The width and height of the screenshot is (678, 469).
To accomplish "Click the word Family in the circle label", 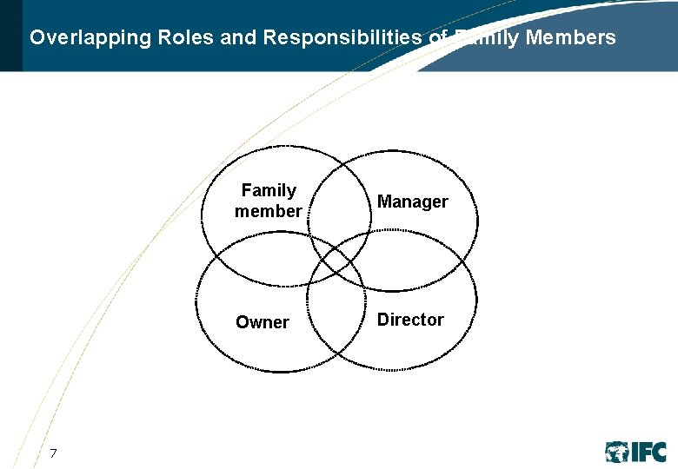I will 269,190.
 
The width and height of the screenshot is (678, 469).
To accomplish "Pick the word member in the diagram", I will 268,211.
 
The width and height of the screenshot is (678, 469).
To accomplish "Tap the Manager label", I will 412,201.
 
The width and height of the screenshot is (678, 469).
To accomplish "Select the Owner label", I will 262,322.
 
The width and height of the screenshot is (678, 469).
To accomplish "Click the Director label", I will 410,320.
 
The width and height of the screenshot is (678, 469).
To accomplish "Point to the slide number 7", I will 53,452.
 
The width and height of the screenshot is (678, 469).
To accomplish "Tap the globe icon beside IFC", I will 617,452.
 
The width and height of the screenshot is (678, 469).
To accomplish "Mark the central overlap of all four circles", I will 338,259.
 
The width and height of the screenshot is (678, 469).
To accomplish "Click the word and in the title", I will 240,38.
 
